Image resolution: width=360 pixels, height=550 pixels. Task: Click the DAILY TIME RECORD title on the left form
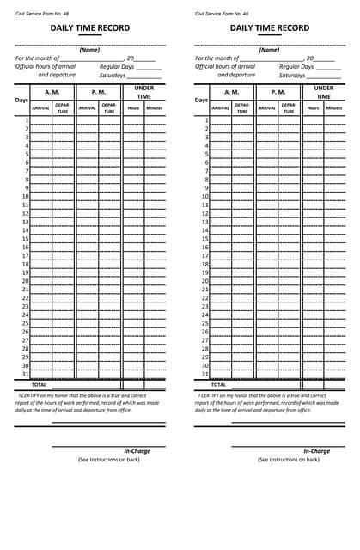pyautogui.click(x=89, y=28)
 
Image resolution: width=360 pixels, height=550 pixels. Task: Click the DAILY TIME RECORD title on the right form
pyautogui.click(x=270, y=28)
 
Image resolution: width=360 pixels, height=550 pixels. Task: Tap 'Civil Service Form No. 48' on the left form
pyautogui.click(x=41, y=14)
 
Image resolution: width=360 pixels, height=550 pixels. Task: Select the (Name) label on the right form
pyautogui.click(x=270, y=50)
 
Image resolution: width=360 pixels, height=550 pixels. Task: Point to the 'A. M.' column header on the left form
pyautogui.click(x=52, y=91)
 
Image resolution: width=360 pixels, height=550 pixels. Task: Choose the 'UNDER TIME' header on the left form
pyautogui.click(x=143, y=92)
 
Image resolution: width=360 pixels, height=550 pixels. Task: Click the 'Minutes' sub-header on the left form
pyautogui.click(x=154, y=108)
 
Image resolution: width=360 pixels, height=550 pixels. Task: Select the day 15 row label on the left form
pyautogui.click(x=25, y=239)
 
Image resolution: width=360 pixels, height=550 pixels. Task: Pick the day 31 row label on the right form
pyautogui.click(x=205, y=374)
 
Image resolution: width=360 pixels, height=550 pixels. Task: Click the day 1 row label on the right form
pyautogui.click(x=207, y=120)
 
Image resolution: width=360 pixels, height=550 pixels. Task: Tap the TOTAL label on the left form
pyautogui.click(x=39, y=384)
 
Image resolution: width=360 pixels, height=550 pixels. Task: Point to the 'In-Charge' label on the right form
pyautogui.click(x=316, y=451)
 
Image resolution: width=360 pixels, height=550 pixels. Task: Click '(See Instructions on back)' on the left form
pyautogui.click(x=108, y=460)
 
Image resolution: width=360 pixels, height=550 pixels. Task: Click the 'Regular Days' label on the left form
pyautogui.click(x=117, y=66)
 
